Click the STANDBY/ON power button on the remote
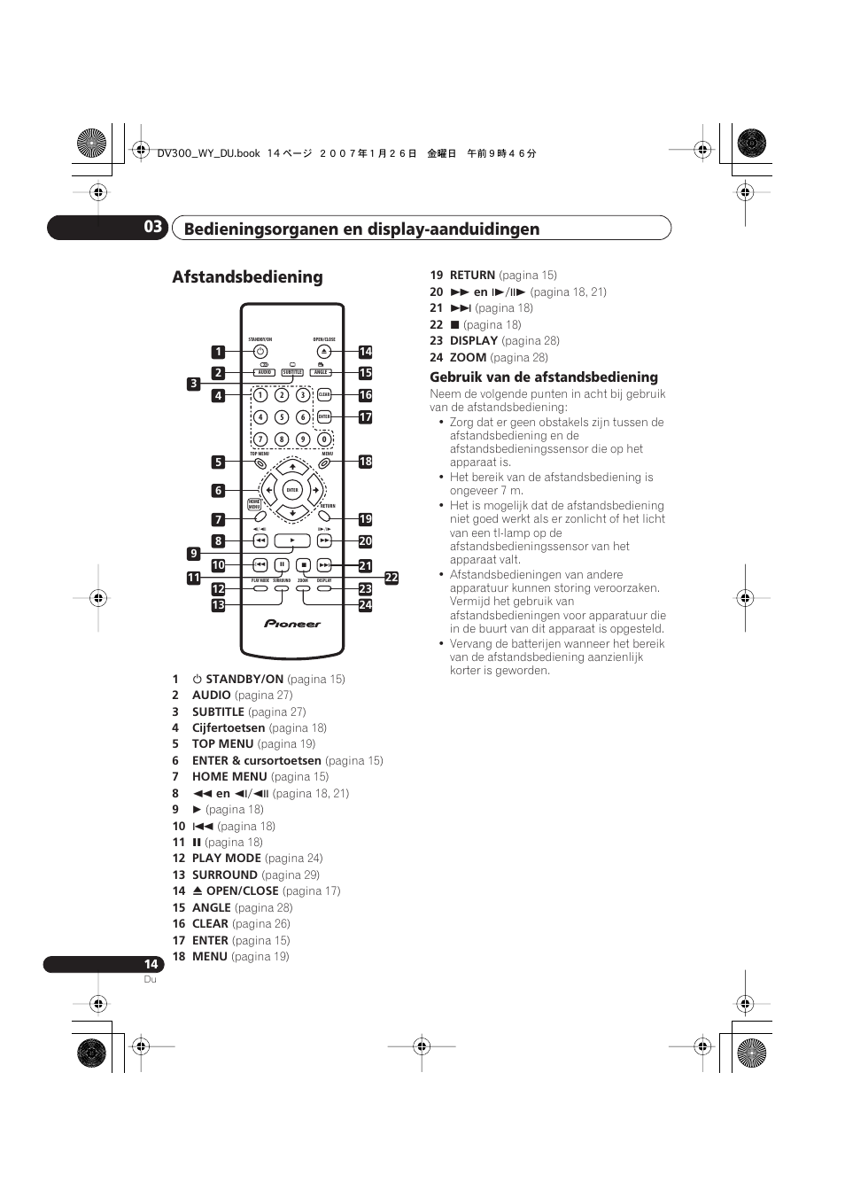tap(260, 352)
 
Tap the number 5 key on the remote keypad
tap(282, 417)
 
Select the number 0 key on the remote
tap(324, 439)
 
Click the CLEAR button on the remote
tap(324, 395)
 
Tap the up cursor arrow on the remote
tap(292, 467)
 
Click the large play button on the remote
tap(292, 540)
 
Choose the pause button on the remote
tap(282, 564)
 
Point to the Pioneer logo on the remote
tap(292, 624)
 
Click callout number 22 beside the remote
tap(391, 578)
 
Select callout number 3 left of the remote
tap(193, 384)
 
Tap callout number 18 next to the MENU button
tap(365, 462)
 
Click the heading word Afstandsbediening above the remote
tap(247, 277)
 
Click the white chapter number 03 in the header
tap(153, 227)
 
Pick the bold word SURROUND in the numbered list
tap(225, 874)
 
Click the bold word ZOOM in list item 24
tap(468, 357)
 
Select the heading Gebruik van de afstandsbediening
tap(544, 377)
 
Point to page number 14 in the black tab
tap(151, 964)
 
